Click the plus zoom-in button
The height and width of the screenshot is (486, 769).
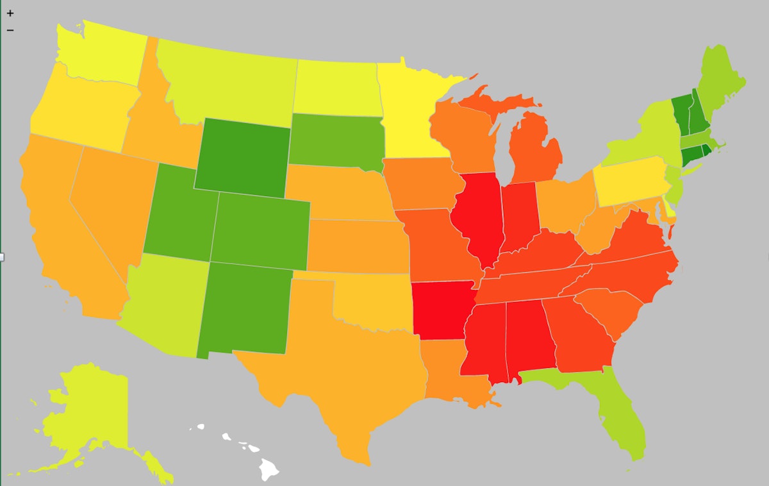(x=10, y=13)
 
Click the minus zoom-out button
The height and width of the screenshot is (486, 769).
(x=10, y=29)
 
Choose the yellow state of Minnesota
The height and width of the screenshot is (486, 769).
(x=407, y=109)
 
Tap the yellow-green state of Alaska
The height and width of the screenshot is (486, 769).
(x=90, y=410)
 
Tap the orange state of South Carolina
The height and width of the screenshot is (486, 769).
(x=609, y=311)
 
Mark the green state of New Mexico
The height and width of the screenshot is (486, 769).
(x=247, y=308)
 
